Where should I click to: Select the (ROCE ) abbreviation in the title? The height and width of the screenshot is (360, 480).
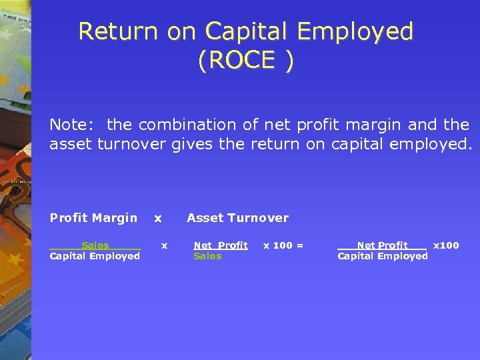(x=245, y=61)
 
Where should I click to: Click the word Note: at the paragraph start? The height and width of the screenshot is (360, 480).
(x=73, y=125)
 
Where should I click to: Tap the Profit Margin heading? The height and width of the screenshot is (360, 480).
(x=93, y=218)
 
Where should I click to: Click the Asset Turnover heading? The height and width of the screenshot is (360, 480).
(x=237, y=218)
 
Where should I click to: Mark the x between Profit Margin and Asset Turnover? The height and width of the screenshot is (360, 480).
(x=158, y=218)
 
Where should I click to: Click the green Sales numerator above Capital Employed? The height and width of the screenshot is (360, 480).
(x=95, y=245)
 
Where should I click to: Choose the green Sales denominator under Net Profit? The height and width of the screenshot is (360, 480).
(x=207, y=256)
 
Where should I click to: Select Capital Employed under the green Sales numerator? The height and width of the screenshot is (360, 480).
(x=95, y=256)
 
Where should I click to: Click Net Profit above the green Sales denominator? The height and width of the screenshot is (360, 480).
(x=220, y=245)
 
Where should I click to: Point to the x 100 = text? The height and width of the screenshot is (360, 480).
(x=283, y=245)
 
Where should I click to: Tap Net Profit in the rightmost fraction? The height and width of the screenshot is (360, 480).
(x=382, y=245)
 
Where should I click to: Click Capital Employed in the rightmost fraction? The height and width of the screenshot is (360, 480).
(x=383, y=256)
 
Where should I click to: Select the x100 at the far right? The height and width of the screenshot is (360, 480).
(x=446, y=245)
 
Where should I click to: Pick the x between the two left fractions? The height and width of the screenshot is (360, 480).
(x=164, y=245)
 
